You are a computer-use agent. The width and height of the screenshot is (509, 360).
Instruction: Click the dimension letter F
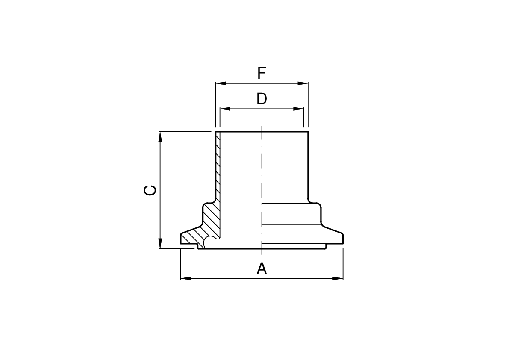[x=262, y=74]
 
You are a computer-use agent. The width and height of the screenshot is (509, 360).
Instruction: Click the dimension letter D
[x=262, y=99]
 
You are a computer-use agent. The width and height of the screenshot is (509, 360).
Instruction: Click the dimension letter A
[x=262, y=269]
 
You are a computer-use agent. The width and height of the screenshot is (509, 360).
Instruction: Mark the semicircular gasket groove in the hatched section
[x=210, y=242]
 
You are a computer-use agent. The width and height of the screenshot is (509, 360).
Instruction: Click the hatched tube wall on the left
[x=218, y=167]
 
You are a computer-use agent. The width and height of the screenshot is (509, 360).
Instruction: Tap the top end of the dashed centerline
[x=262, y=127]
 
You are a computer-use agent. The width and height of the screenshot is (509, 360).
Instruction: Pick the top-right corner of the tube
[x=308, y=132]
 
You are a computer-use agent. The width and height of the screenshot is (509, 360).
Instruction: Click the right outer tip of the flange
[x=342, y=239]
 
